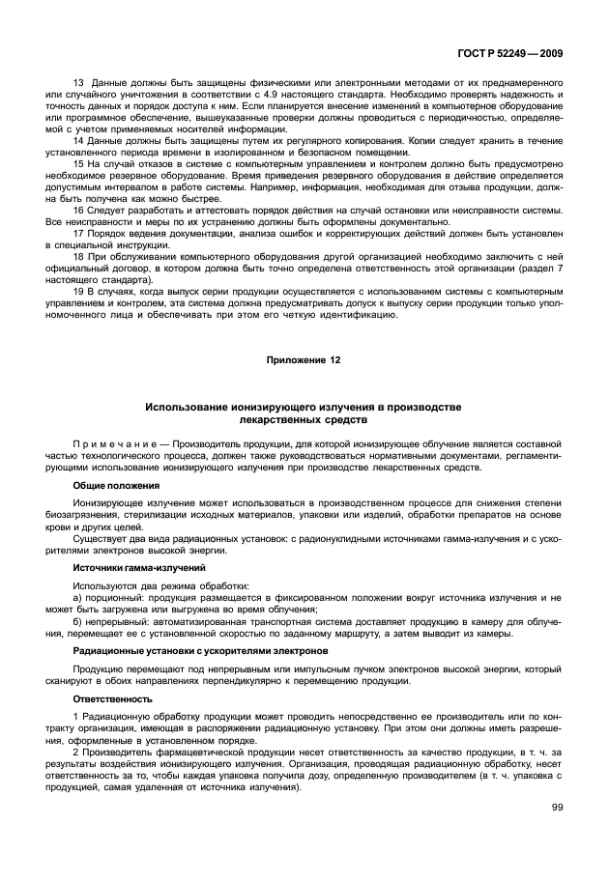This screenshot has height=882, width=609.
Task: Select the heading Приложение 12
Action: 304,359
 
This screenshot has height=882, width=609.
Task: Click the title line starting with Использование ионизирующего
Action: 304,410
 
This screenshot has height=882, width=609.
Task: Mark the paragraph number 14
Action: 80,141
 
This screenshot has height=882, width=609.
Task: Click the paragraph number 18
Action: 80,259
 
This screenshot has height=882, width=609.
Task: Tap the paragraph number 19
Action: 80,291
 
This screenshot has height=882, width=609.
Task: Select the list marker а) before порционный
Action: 79,599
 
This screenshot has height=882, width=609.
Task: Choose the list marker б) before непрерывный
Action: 79,620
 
